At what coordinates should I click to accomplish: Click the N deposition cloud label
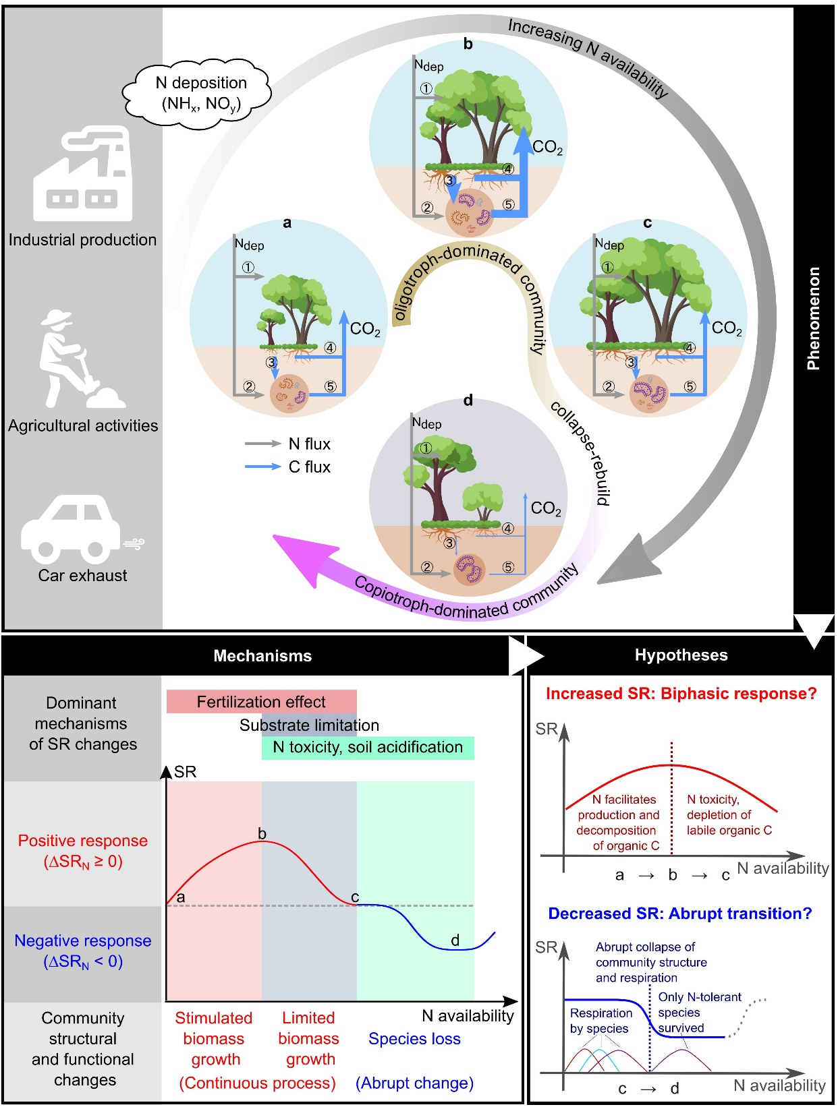(200, 93)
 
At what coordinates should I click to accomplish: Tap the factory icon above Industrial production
(82, 173)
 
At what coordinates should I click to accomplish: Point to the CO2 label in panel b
(547, 147)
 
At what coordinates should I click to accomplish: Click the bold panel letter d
(468, 400)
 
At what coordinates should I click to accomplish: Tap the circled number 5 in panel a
(330, 386)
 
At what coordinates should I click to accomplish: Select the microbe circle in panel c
(648, 394)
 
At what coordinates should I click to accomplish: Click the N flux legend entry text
(309, 444)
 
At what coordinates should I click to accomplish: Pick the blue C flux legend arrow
(262, 467)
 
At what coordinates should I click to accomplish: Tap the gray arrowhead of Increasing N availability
(627, 560)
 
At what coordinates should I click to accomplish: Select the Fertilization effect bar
(261, 702)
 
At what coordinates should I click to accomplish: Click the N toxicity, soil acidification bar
(368, 747)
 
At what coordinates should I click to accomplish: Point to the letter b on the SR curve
(262, 834)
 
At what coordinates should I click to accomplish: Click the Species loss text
(414, 1039)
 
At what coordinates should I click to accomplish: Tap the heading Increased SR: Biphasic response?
(681, 694)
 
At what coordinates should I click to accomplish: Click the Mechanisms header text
(262, 656)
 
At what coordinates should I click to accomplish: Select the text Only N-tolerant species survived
(699, 1012)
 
